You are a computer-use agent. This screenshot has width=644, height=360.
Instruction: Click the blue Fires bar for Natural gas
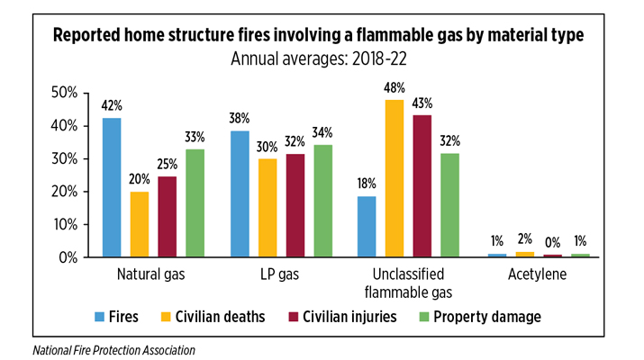[x=112, y=187]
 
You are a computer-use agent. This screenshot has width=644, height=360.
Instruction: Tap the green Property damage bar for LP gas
[x=322, y=201]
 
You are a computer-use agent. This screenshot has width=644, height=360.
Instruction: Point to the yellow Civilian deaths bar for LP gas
[x=267, y=208]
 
